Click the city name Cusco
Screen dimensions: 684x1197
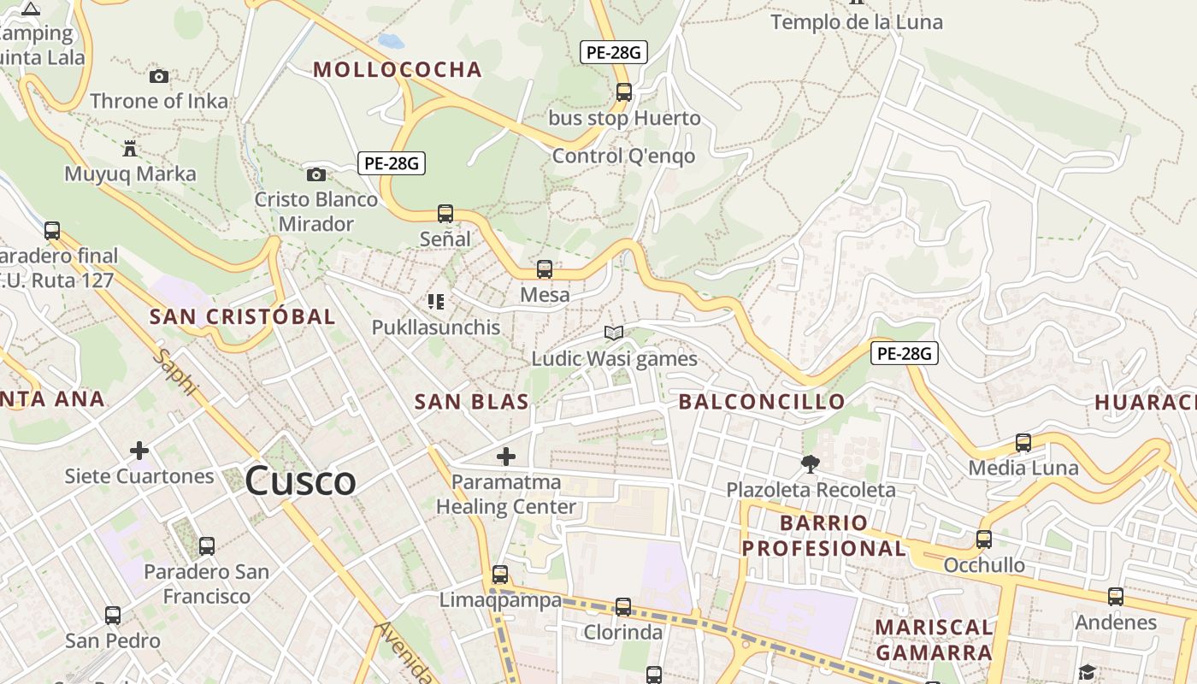coord(300,481)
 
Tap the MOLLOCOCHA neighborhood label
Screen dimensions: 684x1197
coord(398,70)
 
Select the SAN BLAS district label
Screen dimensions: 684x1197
coord(472,402)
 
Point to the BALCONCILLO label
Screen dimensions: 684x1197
coord(762,402)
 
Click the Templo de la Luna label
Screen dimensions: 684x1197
coord(857,22)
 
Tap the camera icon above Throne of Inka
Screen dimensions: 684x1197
coord(159,77)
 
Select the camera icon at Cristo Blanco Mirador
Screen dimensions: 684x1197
coord(316,175)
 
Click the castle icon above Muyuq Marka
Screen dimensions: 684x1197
coord(130,149)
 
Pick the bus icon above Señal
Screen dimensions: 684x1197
coord(445,214)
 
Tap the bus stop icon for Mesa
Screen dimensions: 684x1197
coord(545,270)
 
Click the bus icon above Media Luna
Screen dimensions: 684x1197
coord(1023,443)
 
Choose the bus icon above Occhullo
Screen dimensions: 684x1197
coord(984,540)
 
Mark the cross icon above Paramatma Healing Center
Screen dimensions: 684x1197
coord(506,457)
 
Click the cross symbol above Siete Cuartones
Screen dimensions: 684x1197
coord(139,451)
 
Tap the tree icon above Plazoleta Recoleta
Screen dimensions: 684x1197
coord(811,464)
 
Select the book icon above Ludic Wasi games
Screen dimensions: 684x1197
coord(614,333)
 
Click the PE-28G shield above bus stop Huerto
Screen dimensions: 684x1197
coord(613,52)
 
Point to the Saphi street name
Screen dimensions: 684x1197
coord(176,372)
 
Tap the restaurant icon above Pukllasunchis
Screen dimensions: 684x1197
coord(436,302)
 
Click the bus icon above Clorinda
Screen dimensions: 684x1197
coord(623,607)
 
